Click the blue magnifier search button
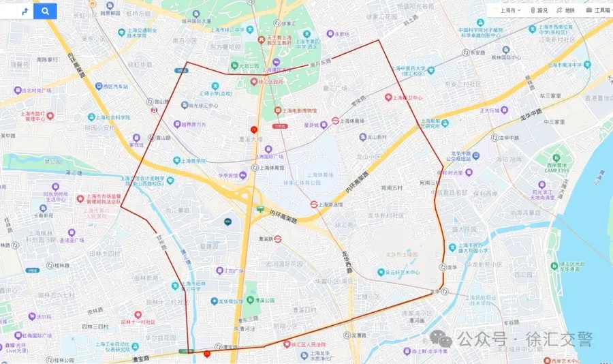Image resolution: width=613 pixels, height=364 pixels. (45, 11)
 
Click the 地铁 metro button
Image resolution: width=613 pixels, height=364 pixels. (565, 10)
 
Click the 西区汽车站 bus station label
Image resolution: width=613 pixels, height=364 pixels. (112, 87)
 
